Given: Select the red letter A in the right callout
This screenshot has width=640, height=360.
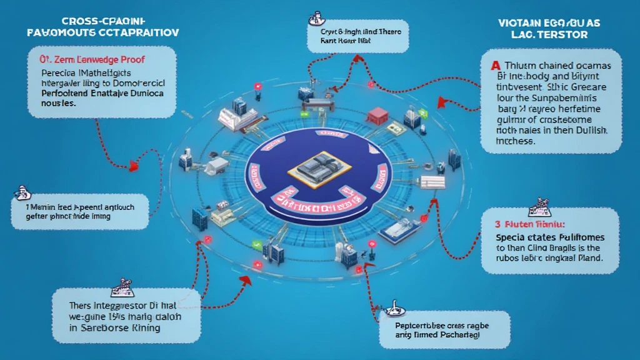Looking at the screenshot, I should [x=496, y=66].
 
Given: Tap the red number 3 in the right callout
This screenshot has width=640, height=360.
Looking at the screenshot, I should [x=498, y=222].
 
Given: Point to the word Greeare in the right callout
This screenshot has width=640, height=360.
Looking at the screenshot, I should [x=593, y=87].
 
